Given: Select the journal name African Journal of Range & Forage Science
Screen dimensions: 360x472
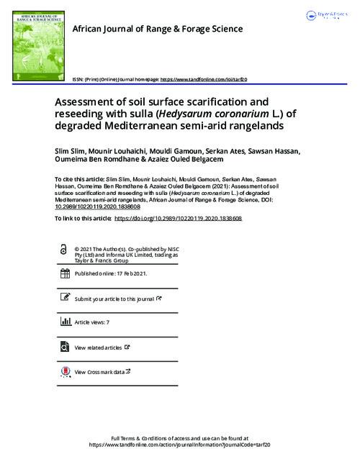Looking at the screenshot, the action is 158,29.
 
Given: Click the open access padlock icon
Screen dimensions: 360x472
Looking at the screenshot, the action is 66,249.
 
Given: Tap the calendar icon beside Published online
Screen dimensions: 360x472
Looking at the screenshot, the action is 66,273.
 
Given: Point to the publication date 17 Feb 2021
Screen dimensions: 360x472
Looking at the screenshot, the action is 120,273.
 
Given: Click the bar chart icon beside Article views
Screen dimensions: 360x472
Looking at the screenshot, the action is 66,323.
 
